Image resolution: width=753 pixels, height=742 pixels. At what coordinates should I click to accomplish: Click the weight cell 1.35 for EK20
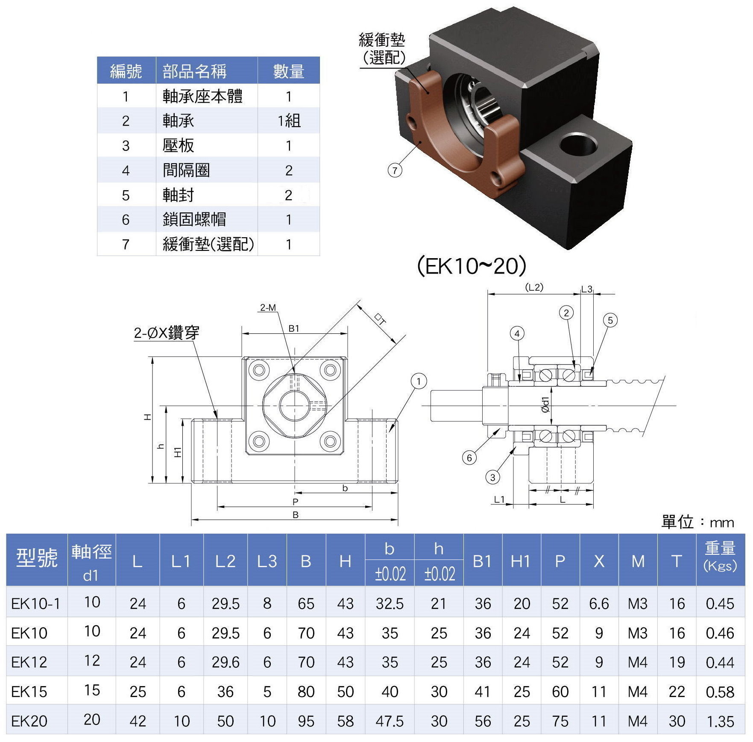click(720, 721)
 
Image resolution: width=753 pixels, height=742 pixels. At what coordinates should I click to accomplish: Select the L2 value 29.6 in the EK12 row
click(225, 662)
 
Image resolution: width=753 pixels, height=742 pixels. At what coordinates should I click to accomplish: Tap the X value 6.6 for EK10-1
click(599, 604)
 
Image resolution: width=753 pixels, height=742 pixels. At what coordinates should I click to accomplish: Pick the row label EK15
click(29, 692)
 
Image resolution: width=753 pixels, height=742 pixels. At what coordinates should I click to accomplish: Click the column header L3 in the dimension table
click(267, 561)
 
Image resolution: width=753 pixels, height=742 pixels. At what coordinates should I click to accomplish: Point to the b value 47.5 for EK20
click(390, 721)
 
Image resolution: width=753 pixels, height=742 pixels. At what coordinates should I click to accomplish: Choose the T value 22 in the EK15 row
click(677, 692)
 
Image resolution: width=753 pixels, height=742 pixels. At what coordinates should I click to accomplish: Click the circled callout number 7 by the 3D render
click(395, 171)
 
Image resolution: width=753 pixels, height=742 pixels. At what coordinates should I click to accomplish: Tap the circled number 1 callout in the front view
click(419, 381)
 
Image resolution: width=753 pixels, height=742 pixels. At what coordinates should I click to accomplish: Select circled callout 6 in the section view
click(469, 458)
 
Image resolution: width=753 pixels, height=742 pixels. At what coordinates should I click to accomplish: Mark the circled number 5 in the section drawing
click(610, 320)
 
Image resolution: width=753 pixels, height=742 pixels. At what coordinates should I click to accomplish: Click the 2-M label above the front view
click(268, 307)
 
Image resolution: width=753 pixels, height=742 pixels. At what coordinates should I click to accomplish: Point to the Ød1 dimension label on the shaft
click(545, 404)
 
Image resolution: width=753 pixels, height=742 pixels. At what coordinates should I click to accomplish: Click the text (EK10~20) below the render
click(471, 266)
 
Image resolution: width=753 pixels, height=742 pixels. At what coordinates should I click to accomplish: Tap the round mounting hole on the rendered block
click(579, 145)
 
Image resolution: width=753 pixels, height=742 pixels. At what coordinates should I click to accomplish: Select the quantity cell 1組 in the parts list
click(289, 121)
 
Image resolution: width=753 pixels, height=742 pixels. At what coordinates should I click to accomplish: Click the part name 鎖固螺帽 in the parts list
click(194, 220)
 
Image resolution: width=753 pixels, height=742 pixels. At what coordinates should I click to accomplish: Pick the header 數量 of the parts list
click(289, 71)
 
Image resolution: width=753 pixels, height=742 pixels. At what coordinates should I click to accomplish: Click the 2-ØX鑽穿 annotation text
click(167, 333)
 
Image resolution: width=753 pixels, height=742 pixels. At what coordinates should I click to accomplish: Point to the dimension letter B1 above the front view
click(294, 328)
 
